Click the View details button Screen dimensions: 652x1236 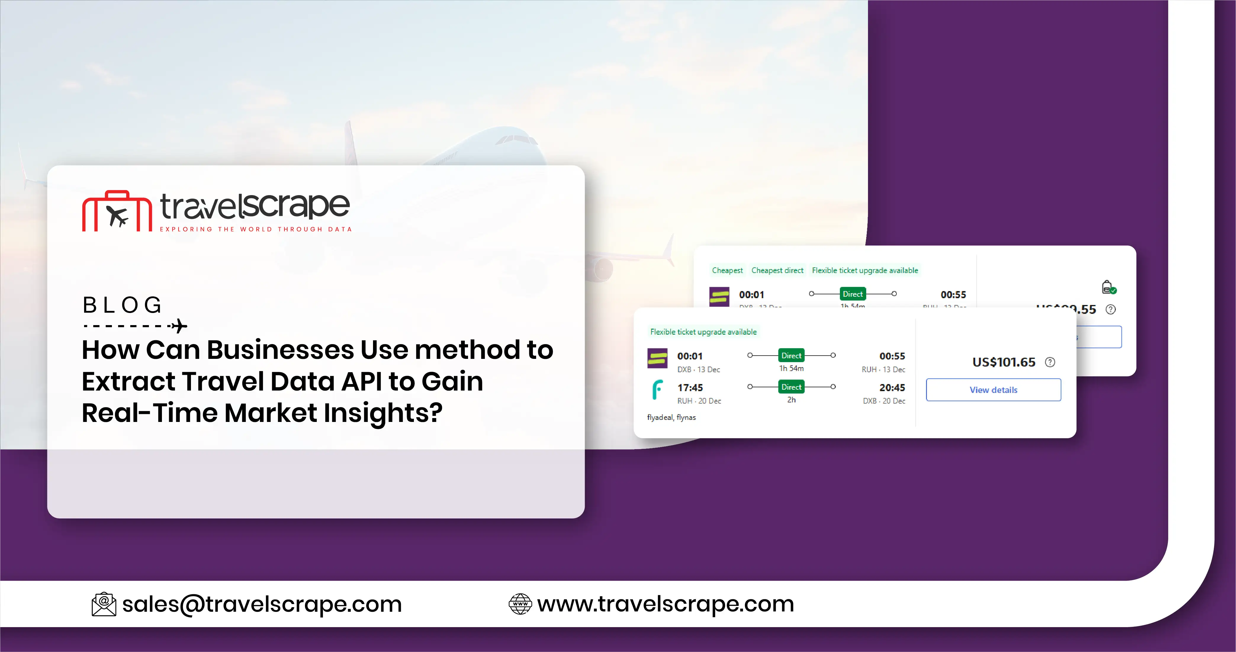[993, 390]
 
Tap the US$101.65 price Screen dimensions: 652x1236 [1003, 362]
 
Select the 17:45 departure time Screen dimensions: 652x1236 [690, 388]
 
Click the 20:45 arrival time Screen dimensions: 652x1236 [892, 388]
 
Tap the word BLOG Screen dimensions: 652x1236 [123, 305]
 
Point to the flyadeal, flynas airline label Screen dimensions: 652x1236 [671, 417]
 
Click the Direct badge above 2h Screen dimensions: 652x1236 [791, 387]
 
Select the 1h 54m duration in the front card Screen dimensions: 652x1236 [791, 368]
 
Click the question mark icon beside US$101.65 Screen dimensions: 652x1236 [1050, 362]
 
